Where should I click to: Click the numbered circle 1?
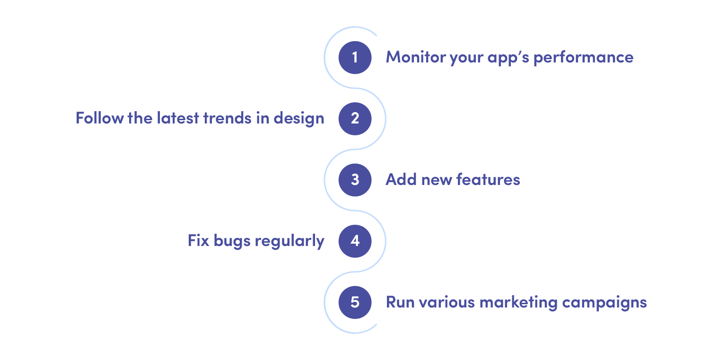pyautogui.click(x=355, y=57)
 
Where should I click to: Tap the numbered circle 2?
pyautogui.click(x=355, y=118)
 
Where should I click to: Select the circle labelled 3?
pyautogui.click(x=355, y=180)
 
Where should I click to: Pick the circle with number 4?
pyautogui.click(x=355, y=241)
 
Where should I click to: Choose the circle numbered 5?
pyautogui.click(x=355, y=302)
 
